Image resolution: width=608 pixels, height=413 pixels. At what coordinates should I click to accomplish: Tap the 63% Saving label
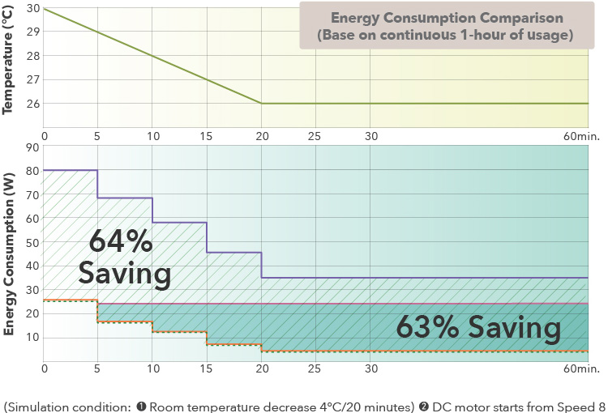478,328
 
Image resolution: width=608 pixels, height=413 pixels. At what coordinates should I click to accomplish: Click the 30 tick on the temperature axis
32,8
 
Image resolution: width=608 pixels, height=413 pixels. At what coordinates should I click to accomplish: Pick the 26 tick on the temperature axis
32,103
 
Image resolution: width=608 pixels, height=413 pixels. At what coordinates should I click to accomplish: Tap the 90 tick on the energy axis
32,147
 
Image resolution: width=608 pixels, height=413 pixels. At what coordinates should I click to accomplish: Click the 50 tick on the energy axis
32,242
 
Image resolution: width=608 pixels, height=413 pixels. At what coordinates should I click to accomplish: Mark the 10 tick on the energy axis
32,337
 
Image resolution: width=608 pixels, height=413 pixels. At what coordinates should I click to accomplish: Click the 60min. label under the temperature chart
581,134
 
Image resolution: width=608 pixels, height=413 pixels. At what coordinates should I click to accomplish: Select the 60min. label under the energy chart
581,369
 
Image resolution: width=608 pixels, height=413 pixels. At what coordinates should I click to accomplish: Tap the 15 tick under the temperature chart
207,134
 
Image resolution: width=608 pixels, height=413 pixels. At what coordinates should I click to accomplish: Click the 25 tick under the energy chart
315,369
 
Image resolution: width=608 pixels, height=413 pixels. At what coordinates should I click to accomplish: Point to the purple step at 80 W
71,170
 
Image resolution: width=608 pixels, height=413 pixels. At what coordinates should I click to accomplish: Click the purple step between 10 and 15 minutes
179,222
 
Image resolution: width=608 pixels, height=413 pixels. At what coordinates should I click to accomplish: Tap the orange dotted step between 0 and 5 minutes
71,300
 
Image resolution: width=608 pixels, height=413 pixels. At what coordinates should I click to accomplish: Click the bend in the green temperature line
261,103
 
